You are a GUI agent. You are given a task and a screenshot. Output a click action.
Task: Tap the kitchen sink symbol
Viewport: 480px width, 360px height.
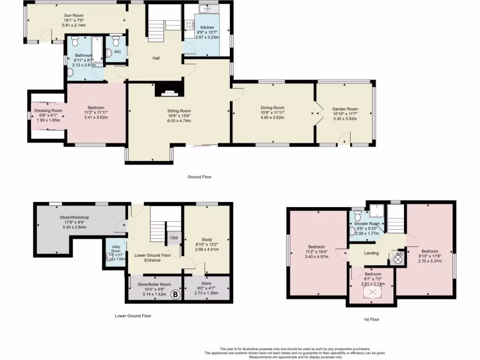[x=206, y=9]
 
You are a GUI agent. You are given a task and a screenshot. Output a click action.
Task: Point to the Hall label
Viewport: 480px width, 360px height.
[x=156, y=58]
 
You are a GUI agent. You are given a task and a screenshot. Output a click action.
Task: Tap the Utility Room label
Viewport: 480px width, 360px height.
[x=115, y=248]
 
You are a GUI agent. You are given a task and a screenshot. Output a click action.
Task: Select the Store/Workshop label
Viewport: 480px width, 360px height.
[x=74, y=217]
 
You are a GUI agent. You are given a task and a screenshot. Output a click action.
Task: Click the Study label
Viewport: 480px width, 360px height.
[x=207, y=240]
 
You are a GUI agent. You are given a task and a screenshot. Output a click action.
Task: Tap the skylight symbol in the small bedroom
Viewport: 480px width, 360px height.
[x=373, y=293]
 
